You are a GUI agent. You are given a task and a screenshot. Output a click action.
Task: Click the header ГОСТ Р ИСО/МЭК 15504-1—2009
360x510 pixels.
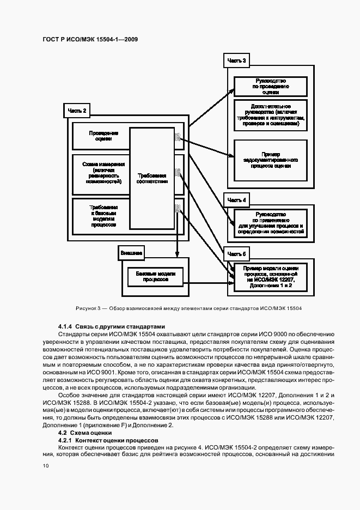[90, 40]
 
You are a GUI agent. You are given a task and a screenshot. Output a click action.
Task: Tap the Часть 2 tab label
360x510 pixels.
[77, 111]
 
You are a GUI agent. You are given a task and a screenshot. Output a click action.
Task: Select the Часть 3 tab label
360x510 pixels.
[236, 60]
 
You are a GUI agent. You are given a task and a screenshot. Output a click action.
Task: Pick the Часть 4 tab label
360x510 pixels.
[236, 200]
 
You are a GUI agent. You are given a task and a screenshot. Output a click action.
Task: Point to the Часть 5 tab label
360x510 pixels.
[236, 254]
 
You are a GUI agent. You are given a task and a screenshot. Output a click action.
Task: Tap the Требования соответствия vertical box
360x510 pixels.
[152, 179]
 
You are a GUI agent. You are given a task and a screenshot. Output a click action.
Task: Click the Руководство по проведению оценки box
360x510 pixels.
[271, 86]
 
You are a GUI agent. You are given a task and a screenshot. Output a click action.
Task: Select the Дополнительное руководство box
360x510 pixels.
[271, 116]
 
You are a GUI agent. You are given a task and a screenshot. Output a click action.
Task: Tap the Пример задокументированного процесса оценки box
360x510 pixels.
[271, 161]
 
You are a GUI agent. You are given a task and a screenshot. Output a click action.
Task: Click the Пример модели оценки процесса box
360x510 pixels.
[271, 276]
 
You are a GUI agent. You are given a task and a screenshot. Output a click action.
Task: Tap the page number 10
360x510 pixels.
[46, 466]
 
